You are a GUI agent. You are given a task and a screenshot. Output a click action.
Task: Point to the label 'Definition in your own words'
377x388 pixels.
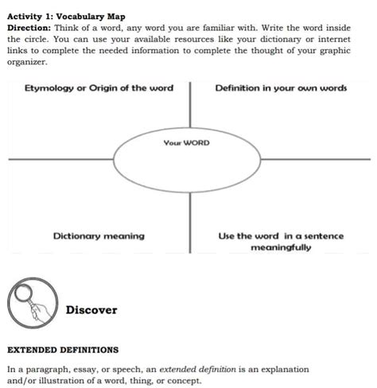tap(281, 87)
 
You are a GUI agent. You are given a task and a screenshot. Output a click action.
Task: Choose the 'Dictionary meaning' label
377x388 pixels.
tap(99, 235)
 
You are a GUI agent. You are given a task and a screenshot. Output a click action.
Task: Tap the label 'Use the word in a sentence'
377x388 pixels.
tap(281, 235)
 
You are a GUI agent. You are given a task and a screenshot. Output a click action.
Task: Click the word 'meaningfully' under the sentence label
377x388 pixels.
tap(281, 247)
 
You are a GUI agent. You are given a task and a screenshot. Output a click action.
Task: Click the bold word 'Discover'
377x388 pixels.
tap(91, 310)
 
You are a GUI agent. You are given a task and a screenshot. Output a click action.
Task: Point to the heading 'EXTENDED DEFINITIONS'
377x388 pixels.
tap(63, 349)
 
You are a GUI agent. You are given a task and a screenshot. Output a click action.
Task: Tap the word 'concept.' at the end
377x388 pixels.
tap(184, 380)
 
